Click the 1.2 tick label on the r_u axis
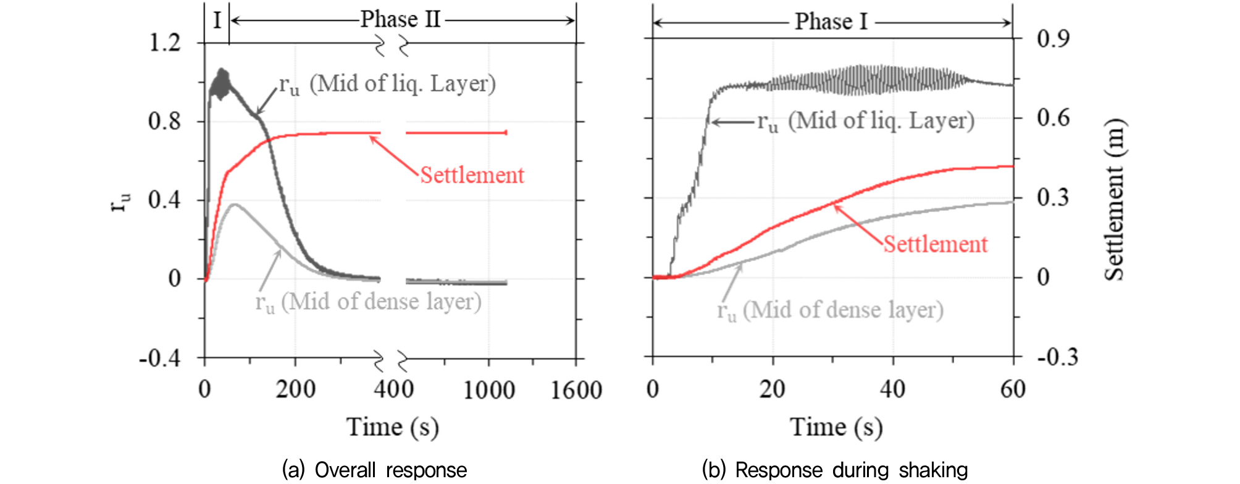pos(165,43)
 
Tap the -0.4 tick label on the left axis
pos(160,359)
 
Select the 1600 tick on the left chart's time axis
pos(576,391)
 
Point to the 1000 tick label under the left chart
pos(489,391)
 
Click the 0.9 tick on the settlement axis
pos(1053,39)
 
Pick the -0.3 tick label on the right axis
pos(1057,357)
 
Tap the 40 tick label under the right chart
pos(892,389)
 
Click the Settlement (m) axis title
pos(1115,199)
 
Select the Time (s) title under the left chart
pos(393,427)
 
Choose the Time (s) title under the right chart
pos(836,427)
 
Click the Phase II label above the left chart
pos(400,20)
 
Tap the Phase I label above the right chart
pos(831,22)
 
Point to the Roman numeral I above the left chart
pos(217,20)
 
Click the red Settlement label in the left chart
pos(472,176)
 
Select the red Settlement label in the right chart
pos(935,244)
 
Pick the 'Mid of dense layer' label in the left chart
pos(369,302)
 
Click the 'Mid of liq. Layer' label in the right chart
pos(866,121)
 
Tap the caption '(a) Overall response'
pos(374,470)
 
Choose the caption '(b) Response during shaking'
pos(835,470)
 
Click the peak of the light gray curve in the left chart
pos(233,204)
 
